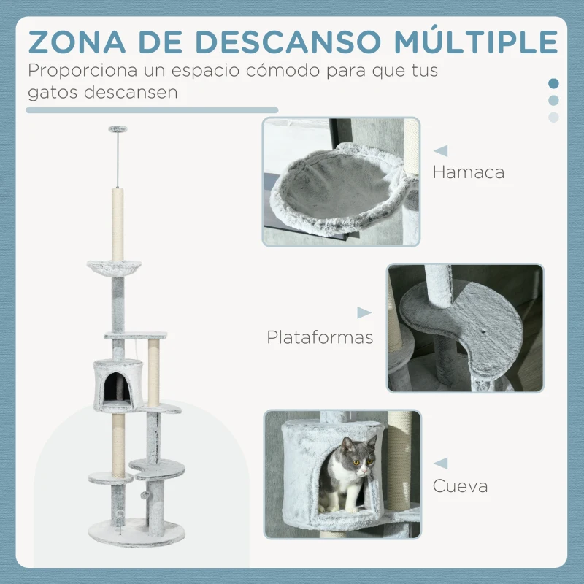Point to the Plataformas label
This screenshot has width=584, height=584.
[x=320, y=337]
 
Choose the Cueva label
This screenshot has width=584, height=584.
[x=460, y=485]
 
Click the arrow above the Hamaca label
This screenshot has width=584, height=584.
[x=441, y=151]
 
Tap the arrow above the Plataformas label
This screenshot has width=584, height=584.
[x=364, y=313]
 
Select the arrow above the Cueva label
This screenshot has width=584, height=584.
[x=440, y=463]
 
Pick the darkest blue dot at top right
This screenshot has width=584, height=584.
[x=553, y=83]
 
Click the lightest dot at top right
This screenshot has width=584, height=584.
[x=553, y=117]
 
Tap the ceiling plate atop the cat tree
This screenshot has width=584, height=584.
[x=117, y=129]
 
